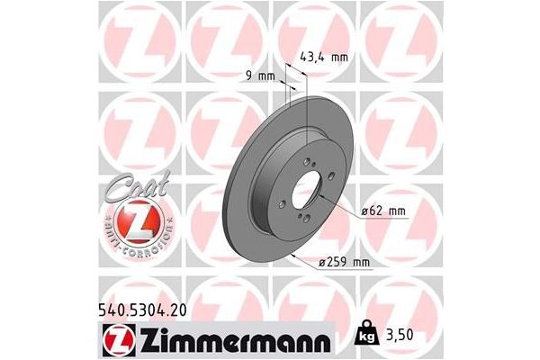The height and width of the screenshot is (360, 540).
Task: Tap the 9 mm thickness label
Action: [260, 76]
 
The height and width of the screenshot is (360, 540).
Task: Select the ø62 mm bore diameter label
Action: [382, 211]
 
